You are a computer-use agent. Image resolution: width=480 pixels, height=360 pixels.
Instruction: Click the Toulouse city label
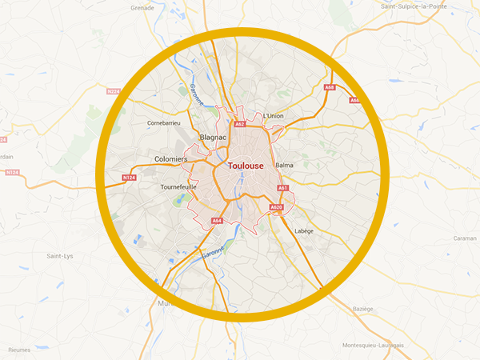point(246,166)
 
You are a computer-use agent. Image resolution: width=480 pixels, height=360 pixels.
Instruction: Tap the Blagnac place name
point(214,138)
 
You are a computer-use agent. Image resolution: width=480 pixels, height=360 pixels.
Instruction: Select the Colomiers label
point(170,159)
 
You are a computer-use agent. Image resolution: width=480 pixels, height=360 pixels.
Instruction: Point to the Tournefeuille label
point(178,186)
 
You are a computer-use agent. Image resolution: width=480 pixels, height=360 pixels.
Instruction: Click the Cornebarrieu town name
point(166,123)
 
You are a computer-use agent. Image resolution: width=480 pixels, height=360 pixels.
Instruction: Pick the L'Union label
point(274,116)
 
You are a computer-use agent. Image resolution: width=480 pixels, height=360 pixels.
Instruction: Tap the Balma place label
point(284,165)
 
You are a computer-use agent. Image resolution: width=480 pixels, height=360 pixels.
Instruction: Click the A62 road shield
point(239,125)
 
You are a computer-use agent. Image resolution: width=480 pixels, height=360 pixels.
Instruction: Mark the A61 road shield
point(282,188)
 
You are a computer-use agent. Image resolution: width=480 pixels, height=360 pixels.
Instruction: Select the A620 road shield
point(276,208)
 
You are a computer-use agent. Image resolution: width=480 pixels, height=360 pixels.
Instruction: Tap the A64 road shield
point(217,221)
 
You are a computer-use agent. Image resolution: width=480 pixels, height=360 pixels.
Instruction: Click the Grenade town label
point(142,8)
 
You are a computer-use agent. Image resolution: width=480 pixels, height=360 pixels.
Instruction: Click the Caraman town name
point(464,238)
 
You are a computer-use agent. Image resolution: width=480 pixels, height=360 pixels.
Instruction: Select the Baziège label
point(363,308)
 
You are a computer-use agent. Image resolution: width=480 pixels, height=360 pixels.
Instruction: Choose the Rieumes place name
point(19,349)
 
